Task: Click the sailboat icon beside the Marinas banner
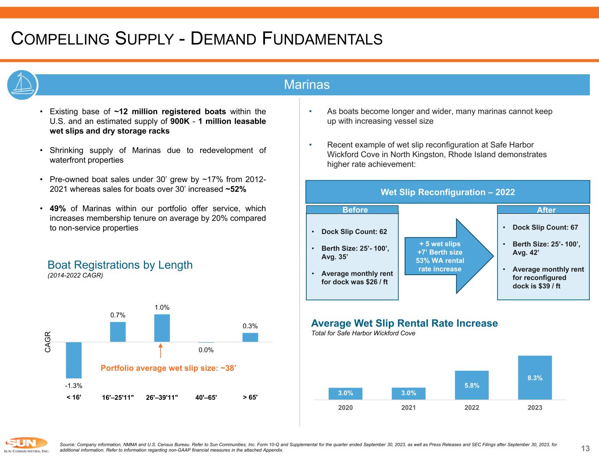click(22, 84)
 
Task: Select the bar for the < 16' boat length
click(74, 360)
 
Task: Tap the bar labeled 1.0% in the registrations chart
click(162, 328)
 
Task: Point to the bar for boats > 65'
click(250, 337)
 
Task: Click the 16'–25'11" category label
click(117, 398)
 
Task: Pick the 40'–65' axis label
click(206, 398)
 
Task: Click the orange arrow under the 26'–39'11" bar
click(161, 351)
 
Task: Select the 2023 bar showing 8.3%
click(534, 377)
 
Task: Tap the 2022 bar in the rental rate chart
click(472, 385)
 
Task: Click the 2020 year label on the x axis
click(345, 408)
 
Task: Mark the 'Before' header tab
click(352, 210)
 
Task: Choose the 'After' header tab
click(543, 210)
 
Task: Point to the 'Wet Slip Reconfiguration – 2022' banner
click(448, 192)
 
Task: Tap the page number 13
click(585, 448)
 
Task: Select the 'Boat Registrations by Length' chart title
click(120, 265)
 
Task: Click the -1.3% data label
click(74, 386)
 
